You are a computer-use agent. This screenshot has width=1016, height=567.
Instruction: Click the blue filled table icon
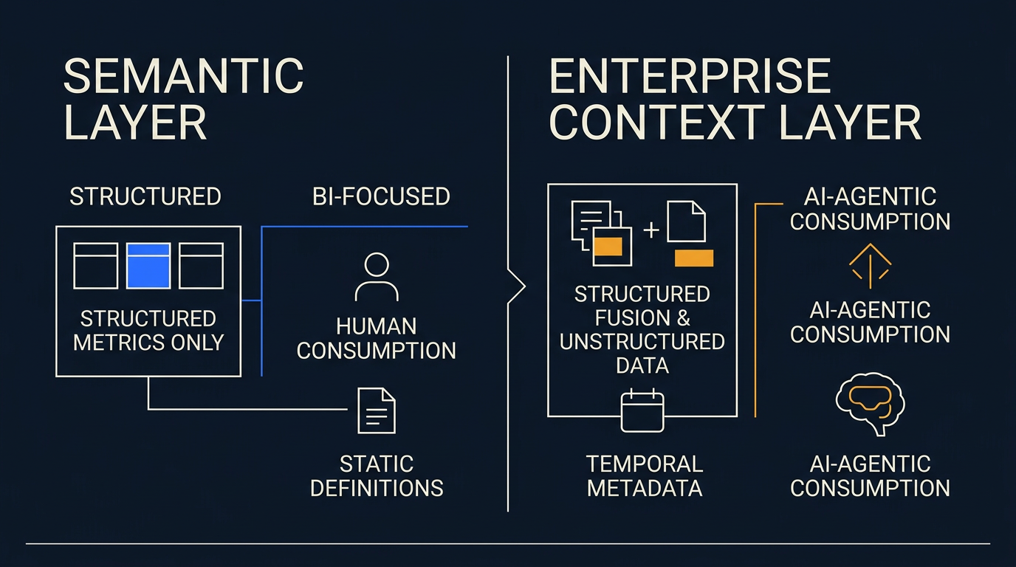coord(148,266)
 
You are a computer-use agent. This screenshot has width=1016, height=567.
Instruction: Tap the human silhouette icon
coord(377,277)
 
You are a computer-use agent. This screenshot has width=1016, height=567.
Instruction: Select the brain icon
coord(870,404)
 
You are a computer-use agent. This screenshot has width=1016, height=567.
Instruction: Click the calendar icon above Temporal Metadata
coord(642,410)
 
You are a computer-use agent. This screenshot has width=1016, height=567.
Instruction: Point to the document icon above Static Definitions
coord(377,410)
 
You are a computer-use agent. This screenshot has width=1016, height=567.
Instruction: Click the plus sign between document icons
coord(651,230)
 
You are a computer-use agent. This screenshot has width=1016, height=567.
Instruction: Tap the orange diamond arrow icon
coord(870,266)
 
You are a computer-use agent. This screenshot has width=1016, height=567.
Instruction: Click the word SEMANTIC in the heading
coord(184,76)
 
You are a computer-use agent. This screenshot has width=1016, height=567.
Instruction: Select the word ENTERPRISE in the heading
coord(690,76)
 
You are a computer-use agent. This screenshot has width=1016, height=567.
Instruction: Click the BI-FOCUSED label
coord(381,196)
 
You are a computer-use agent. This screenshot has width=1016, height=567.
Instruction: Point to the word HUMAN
coord(377,326)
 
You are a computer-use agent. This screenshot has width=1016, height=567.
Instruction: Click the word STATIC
coord(377,464)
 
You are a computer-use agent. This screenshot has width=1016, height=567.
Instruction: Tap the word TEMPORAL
coord(645,464)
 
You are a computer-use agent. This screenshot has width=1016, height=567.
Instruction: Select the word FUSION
coord(632,317)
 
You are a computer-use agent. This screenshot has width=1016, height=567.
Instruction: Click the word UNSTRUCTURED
coord(642,342)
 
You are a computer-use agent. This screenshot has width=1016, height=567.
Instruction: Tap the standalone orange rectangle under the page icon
coord(694,258)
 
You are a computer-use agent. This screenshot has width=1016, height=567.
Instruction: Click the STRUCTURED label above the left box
coord(145,196)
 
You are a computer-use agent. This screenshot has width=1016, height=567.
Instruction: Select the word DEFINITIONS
coord(377,489)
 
